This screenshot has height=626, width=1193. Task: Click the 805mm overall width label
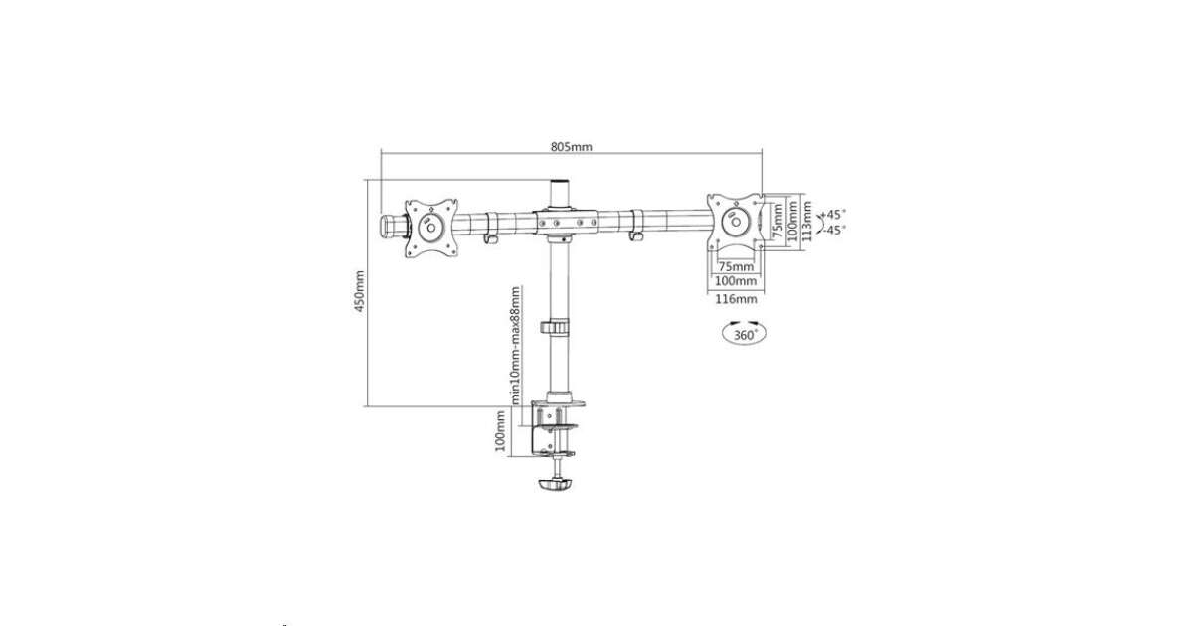pyautogui.click(x=571, y=147)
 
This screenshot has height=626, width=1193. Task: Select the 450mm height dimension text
pyautogui.click(x=360, y=291)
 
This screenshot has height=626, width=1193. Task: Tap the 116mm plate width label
pyautogui.click(x=736, y=299)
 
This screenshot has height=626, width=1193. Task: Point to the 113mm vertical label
pyautogui.click(x=807, y=221)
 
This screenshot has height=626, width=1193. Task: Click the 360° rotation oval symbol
pyautogui.click(x=744, y=333)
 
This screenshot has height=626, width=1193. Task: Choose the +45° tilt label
pyautogui.click(x=833, y=214)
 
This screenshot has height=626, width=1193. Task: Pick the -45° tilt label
pyautogui.click(x=834, y=230)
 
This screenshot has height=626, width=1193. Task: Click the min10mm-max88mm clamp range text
pyautogui.click(x=516, y=346)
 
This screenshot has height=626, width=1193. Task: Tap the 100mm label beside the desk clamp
pyautogui.click(x=500, y=431)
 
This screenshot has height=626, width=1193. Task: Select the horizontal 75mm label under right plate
pyautogui.click(x=736, y=266)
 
